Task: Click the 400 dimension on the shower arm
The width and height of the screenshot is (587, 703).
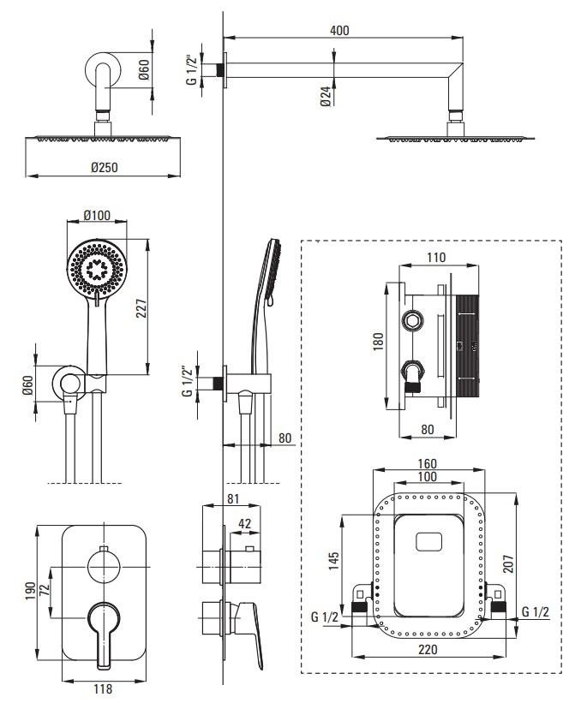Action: click(339, 31)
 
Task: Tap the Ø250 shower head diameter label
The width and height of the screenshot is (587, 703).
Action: click(105, 168)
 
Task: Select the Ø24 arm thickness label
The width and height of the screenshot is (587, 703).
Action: click(326, 97)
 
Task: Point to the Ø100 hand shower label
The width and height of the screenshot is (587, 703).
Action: click(97, 216)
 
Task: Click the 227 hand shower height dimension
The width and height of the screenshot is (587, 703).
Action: click(141, 308)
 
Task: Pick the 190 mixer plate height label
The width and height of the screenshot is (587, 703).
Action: click(30, 592)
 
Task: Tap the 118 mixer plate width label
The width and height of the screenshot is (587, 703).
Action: click(103, 689)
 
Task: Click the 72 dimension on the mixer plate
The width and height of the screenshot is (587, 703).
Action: click(45, 590)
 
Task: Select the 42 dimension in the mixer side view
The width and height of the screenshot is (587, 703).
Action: click(244, 524)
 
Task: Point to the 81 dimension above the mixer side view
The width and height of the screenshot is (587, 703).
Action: click(233, 498)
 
